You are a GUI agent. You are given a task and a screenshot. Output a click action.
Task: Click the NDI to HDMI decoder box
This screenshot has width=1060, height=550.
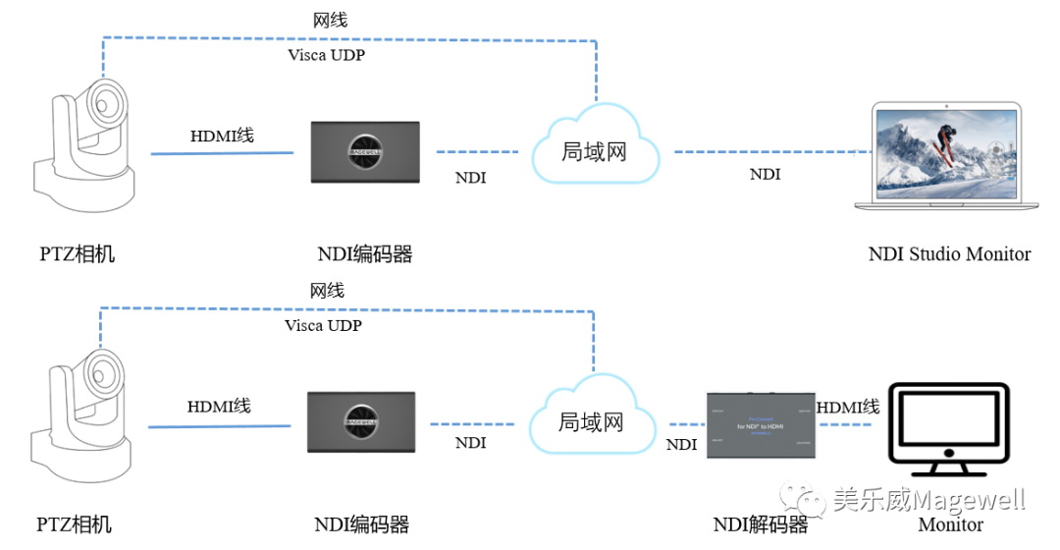pyautogui.click(x=761, y=425)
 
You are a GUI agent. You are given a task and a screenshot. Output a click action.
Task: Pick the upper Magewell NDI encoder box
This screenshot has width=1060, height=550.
pyautogui.click(x=365, y=151)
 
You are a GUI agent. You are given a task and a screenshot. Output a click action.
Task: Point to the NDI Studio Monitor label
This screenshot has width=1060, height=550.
pyautogui.click(x=949, y=254)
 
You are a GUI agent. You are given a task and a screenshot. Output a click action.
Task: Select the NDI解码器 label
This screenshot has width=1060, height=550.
pyautogui.click(x=761, y=524)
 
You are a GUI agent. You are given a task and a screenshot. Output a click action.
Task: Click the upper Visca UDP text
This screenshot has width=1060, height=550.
pyautogui.click(x=326, y=55)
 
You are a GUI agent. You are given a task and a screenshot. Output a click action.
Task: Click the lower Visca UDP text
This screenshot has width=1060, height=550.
pyautogui.click(x=323, y=325)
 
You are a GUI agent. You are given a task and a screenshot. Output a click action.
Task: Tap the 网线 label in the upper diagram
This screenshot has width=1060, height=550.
pyautogui.click(x=330, y=20)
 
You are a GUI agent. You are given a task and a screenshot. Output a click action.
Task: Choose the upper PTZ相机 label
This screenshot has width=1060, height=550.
pyautogui.click(x=77, y=254)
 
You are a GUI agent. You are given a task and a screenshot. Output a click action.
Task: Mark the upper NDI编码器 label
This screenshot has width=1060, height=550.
pyautogui.click(x=364, y=254)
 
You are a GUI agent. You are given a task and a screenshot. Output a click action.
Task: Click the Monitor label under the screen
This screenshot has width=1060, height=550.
pyautogui.click(x=950, y=524)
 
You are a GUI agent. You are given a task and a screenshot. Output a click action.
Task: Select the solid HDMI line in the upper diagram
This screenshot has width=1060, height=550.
pyautogui.click(x=222, y=153)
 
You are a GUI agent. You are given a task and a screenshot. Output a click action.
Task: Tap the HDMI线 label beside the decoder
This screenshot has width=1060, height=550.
pyautogui.click(x=848, y=407)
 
